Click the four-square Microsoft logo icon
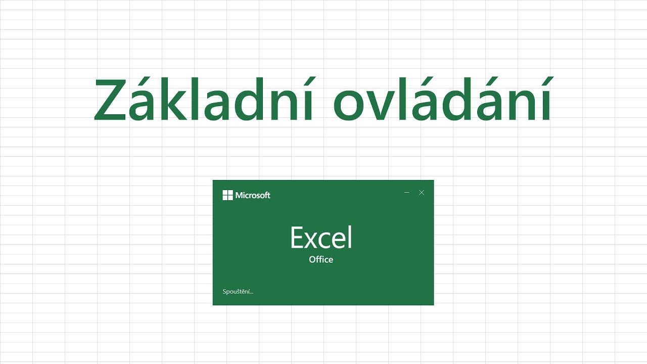coord(227,195)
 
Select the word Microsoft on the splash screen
coord(253,195)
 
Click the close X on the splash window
coord(422,193)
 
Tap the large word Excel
coord(321,238)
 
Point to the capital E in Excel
coord(299,238)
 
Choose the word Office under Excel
coord(321,259)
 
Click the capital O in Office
coord(312,259)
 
